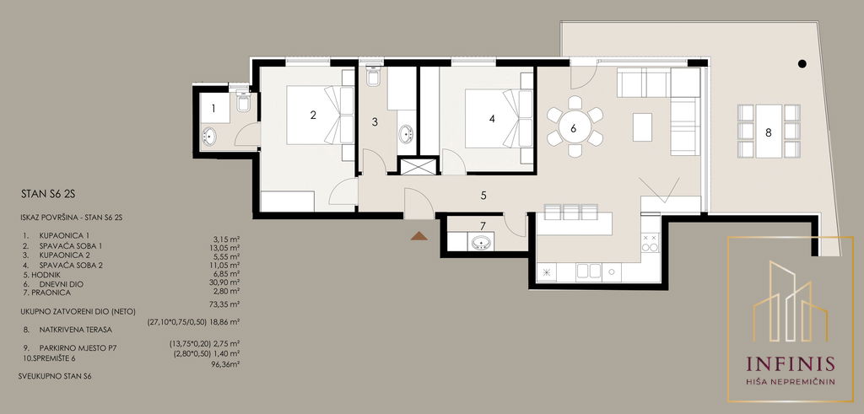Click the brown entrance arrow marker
(418, 236)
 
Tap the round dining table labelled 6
(575, 128)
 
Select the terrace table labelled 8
(769, 131)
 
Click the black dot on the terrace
(802, 64)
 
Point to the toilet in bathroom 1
(243, 101)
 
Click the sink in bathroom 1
(210, 135)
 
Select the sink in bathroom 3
(406, 134)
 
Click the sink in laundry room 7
(481, 242)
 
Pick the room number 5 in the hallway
(483, 195)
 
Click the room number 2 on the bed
(313, 115)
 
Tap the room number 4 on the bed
(492, 118)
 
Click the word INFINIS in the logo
(790, 364)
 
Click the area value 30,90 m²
(226, 282)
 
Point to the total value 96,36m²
(226, 364)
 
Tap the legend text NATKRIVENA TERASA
(75, 330)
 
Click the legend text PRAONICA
(51, 293)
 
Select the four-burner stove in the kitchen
(651, 243)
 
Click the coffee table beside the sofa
(642, 126)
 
